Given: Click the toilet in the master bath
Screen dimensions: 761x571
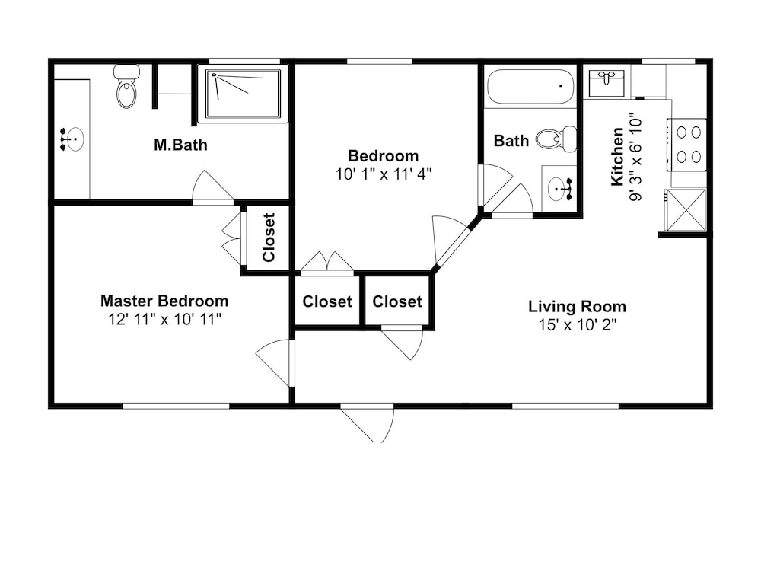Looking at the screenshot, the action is (x=127, y=87).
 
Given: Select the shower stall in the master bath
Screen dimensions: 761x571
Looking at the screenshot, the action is (x=244, y=94).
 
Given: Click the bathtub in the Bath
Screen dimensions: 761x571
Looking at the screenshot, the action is (x=530, y=87).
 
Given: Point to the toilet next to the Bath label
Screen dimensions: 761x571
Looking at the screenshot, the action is (x=556, y=139).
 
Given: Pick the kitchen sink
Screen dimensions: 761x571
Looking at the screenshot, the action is (x=607, y=84).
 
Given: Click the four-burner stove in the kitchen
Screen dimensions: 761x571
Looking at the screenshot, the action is (x=686, y=145).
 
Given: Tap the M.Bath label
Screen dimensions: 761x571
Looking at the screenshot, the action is (x=180, y=145).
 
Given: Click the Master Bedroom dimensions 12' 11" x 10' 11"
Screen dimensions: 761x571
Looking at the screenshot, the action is (x=165, y=320).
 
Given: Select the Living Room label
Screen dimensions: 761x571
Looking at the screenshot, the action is (x=577, y=306).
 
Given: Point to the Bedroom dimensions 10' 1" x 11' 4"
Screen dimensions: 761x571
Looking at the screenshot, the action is (x=384, y=174).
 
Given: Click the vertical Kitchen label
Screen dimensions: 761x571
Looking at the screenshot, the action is (x=617, y=156).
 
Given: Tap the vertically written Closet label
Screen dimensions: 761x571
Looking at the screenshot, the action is (x=269, y=237).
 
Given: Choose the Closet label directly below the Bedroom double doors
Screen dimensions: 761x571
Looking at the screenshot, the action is (x=327, y=301).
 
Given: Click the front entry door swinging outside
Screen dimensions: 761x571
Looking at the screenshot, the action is (x=367, y=423).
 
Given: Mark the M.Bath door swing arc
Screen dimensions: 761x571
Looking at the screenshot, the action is (x=212, y=187).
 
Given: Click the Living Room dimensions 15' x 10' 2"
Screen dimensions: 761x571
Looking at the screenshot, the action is (x=577, y=324).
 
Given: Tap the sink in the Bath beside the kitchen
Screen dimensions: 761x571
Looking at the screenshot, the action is (x=559, y=189).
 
